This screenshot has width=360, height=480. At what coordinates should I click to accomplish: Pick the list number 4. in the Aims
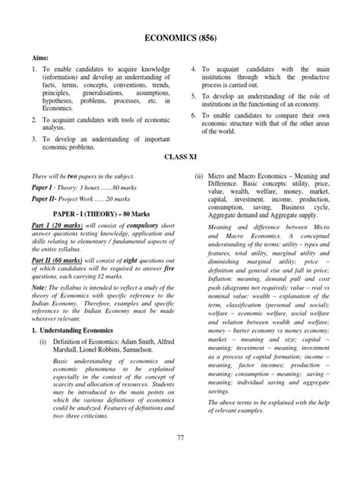point(194,69)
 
